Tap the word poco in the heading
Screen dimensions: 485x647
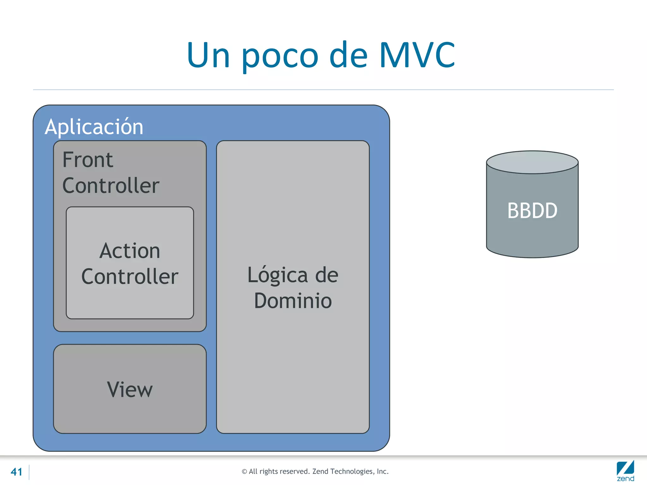pyautogui.click(x=280, y=57)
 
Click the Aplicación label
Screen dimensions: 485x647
pyautogui.click(x=94, y=127)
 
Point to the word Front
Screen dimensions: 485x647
pyautogui.click(x=88, y=160)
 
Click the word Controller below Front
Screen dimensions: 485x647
pyautogui.click(x=111, y=185)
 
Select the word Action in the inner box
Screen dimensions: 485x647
pyautogui.click(x=130, y=251)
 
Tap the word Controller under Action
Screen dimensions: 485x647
pyautogui.click(x=130, y=277)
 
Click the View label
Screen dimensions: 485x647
pyautogui.click(x=130, y=390)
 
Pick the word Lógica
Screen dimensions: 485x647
pyautogui.click(x=277, y=275)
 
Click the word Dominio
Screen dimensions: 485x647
pyautogui.click(x=293, y=301)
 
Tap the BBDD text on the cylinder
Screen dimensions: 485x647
pyautogui.click(x=532, y=211)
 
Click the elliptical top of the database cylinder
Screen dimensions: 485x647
pyautogui.click(x=532, y=162)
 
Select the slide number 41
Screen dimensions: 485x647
pyautogui.click(x=16, y=472)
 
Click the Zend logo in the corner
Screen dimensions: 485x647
pyautogui.click(x=625, y=471)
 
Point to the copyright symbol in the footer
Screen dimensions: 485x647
pyautogui.click(x=244, y=472)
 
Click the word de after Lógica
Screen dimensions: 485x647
pyautogui.click(x=327, y=275)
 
